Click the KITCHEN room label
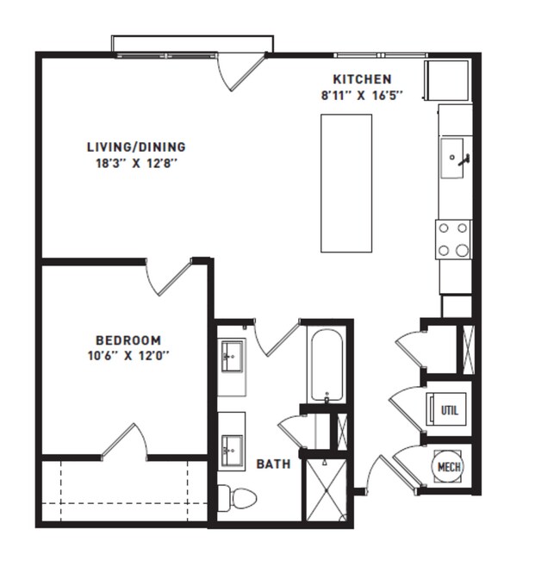click(x=362, y=78)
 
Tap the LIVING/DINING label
click(x=135, y=146)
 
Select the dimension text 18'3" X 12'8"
click(x=135, y=162)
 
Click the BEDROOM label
click(x=128, y=340)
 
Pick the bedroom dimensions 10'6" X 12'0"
click(x=128, y=356)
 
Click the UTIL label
click(x=448, y=409)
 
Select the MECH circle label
click(x=449, y=466)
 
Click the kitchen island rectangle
click(x=345, y=181)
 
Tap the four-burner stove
click(x=453, y=240)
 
